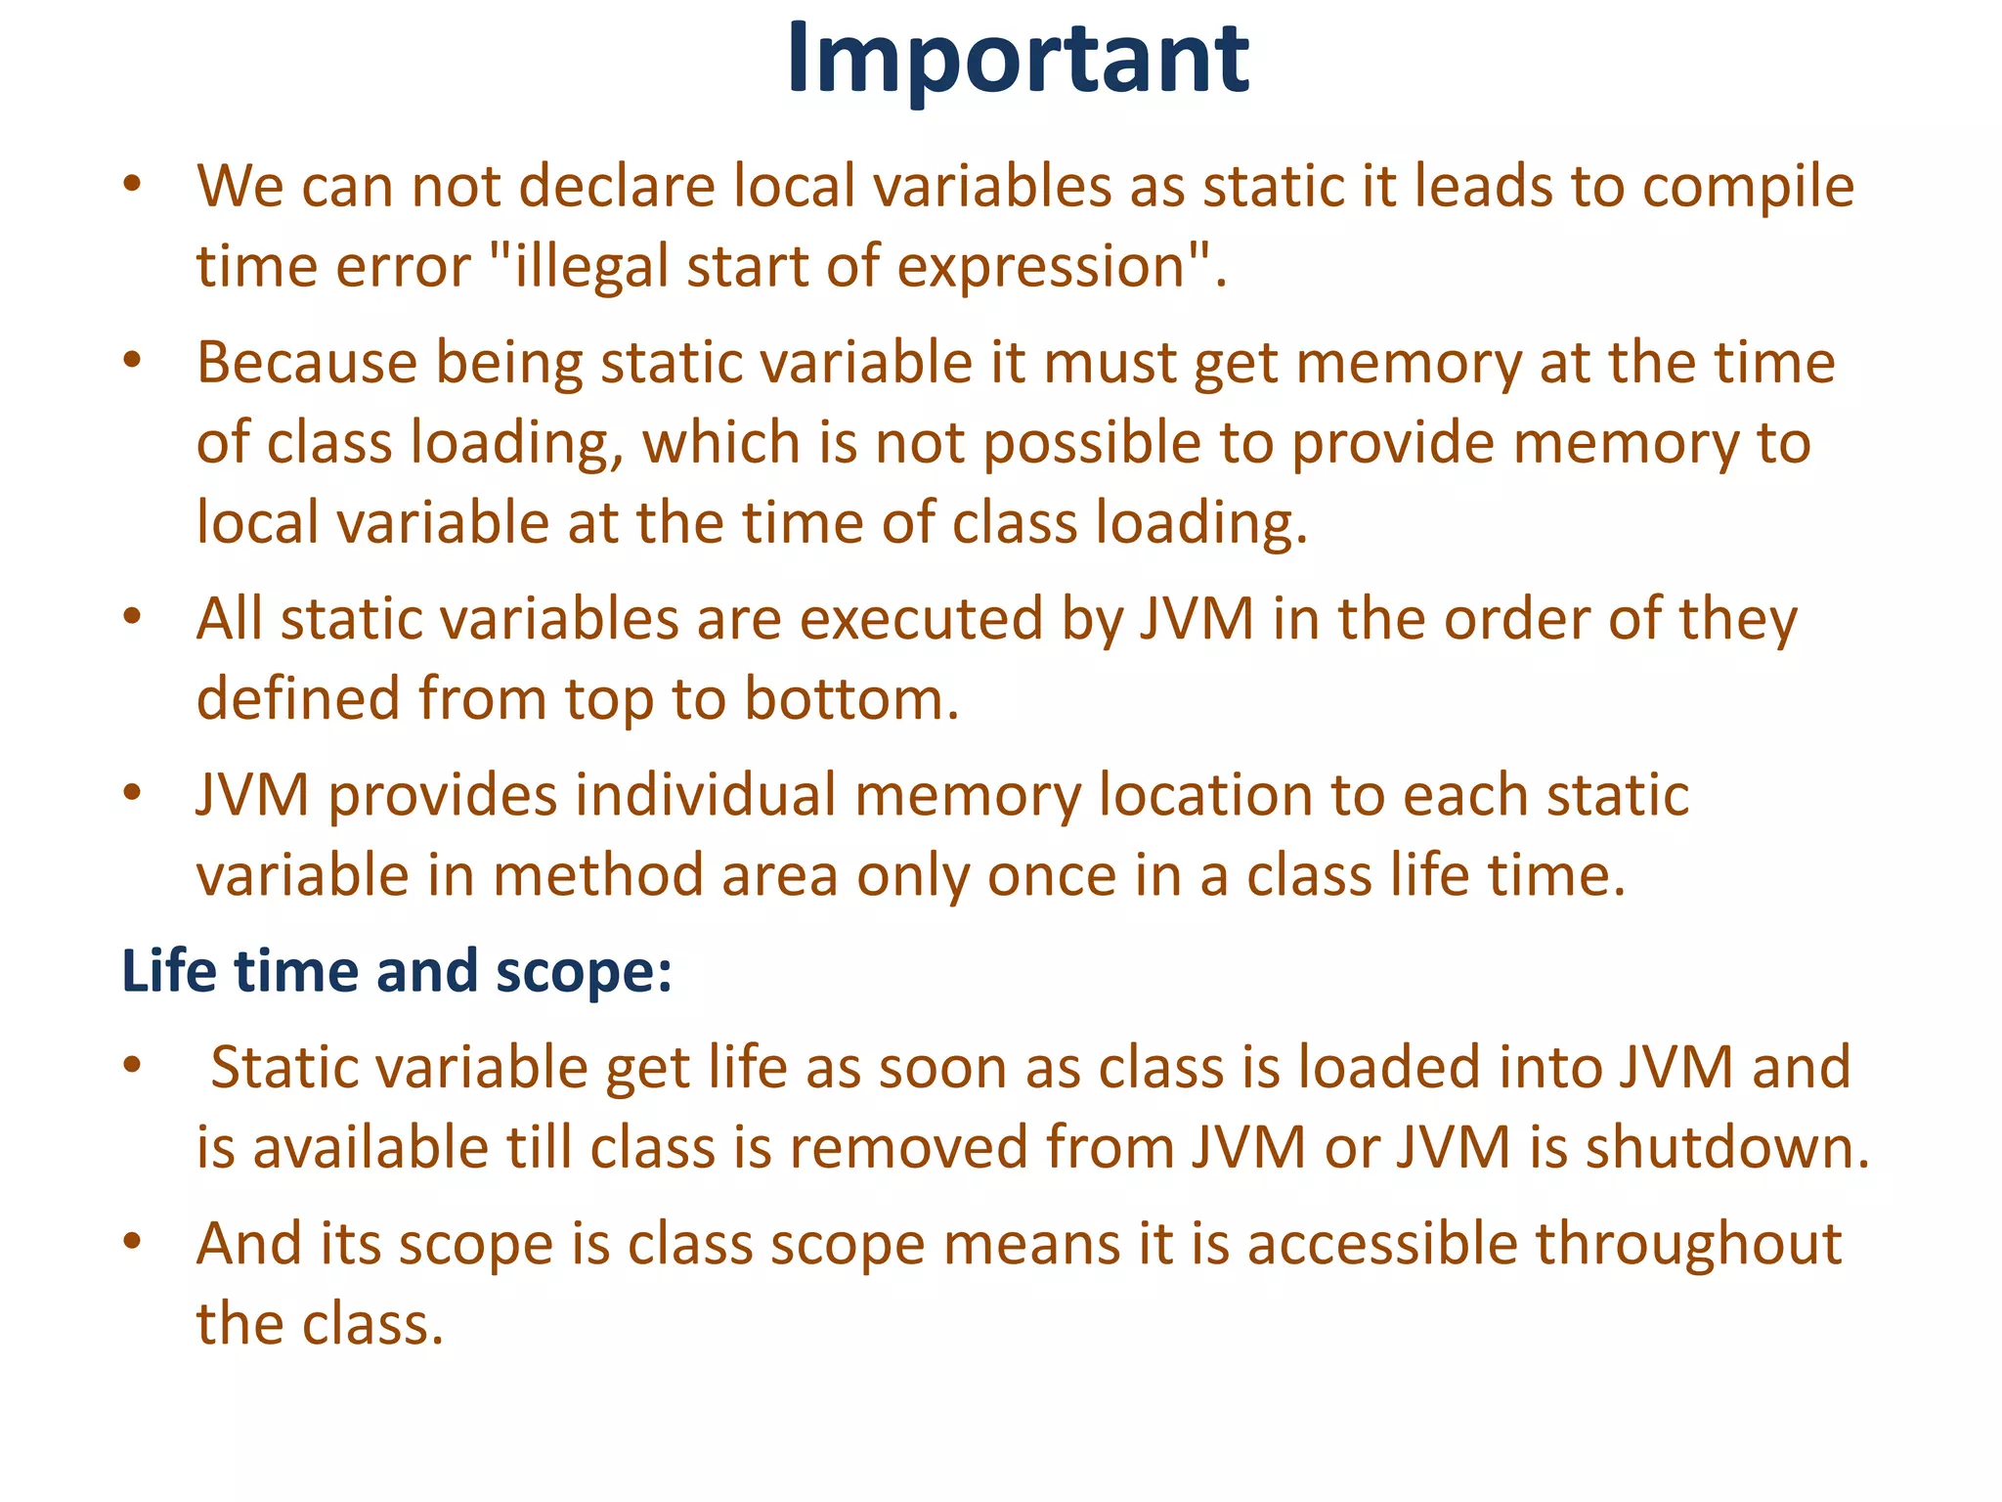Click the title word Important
click(x=1017, y=59)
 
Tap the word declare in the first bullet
click(x=618, y=186)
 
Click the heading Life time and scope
click(x=397, y=971)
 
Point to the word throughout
click(x=1688, y=1244)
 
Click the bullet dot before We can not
click(x=133, y=185)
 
